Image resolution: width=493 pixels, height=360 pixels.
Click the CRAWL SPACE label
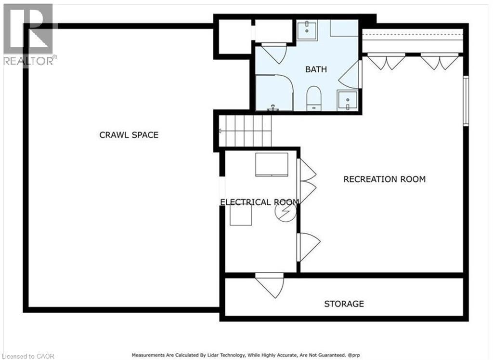click(129, 135)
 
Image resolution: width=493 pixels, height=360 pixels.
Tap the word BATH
click(316, 69)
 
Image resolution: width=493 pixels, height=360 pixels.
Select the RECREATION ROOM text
click(385, 179)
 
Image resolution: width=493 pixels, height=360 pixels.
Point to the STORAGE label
click(344, 304)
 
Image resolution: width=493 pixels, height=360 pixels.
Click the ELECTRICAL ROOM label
click(259, 202)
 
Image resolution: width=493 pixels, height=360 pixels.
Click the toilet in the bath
click(313, 98)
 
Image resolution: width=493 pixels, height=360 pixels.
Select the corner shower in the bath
click(274, 93)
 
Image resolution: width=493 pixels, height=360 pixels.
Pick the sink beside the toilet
click(348, 100)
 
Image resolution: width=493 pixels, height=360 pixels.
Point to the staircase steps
click(245, 131)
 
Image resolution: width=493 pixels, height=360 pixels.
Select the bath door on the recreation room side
click(350, 75)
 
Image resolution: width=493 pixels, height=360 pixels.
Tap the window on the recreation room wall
click(466, 101)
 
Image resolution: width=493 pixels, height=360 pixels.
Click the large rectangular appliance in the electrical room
click(272, 164)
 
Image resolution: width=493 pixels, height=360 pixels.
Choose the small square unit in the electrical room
click(241, 215)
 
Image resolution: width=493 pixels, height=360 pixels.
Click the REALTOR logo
click(28, 35)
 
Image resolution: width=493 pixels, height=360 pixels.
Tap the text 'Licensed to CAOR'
click(27, 356)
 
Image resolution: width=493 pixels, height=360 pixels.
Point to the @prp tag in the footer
click(353, 355)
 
